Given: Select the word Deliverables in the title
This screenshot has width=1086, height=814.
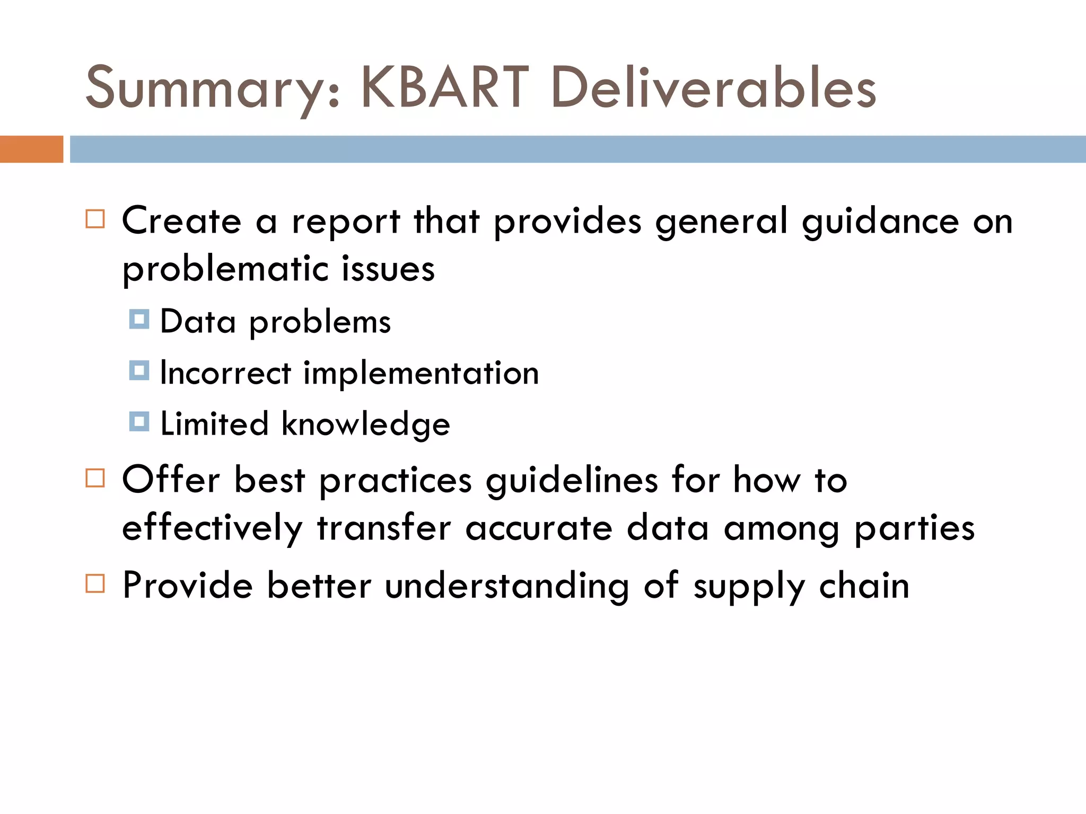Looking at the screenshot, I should point(713,87).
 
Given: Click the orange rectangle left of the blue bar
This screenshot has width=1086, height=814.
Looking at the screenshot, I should point(31,149).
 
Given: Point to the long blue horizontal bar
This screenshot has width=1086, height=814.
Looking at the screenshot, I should point(577,149).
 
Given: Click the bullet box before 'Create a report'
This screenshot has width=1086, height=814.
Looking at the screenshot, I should point(95,219).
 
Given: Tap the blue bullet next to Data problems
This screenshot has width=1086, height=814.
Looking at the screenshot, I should point(139,319).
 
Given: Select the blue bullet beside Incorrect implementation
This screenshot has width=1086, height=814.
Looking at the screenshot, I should point(139,370).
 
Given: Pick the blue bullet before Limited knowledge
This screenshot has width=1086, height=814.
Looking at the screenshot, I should point(139,422).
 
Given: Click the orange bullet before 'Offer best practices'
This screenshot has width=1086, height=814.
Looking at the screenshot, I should point(95,478).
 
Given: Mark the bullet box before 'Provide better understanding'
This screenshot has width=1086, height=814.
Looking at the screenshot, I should point(95,583).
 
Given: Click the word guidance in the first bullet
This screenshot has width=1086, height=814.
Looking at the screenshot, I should point(880,222).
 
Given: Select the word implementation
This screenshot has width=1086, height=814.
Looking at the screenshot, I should point(421,374).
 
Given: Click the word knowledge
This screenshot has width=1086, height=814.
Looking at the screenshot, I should point(365,424).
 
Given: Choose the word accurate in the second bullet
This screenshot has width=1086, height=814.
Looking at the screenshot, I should point(539,528).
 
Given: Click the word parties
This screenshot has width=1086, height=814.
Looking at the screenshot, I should point(915,529).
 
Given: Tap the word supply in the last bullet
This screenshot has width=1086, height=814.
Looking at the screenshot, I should point(749,587).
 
